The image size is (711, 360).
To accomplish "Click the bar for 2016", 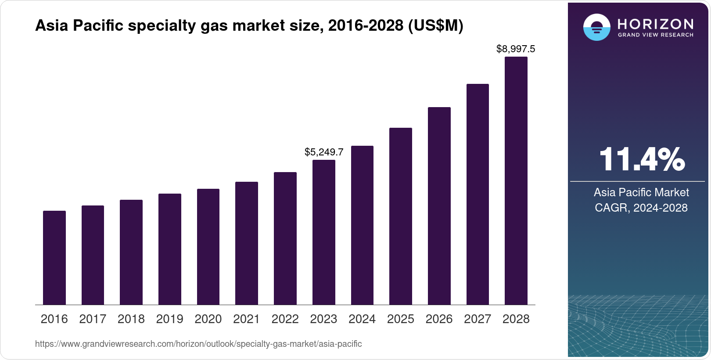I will [x=54, y=258].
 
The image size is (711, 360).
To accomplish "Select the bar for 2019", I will [x=170, y=249].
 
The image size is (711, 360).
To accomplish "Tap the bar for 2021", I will [x=247, y=243].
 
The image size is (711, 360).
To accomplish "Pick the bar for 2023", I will [x=324, y=232].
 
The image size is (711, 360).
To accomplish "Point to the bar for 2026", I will [x=439, y=206].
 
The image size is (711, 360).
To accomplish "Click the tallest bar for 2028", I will [x=516, y=180].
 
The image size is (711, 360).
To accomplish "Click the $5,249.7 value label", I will [x=324, y=152].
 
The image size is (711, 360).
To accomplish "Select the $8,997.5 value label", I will [x=516, y=49].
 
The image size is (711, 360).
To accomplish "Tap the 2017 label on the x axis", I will [x=93, y=319].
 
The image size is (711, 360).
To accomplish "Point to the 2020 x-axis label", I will [x=208, y=319].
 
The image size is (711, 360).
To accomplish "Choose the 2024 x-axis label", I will [x=362, y=319].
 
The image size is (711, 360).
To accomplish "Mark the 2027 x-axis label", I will [x=478, y=319].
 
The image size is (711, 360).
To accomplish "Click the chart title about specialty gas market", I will [x=249, y=26].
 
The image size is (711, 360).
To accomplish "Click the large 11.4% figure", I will [x=641, y=160].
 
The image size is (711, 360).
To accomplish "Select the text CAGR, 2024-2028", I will [x=641, y=208].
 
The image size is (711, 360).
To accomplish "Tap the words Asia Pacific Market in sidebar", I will [x=641, y=192].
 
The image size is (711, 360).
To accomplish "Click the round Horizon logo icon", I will [x=596, y=27].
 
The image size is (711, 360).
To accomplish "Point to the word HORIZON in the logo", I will [x=656, y=24].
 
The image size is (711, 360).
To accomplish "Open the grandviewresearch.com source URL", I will [x=198, y=344].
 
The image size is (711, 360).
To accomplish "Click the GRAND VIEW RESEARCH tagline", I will [x=656, y=35].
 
